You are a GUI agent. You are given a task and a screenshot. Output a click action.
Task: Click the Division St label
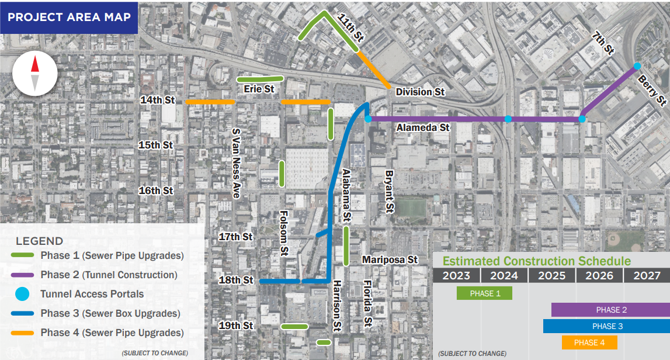pyautogui.click(x=420, y=92)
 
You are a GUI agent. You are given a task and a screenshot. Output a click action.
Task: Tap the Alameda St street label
pyautogui.click(x=423, y=127)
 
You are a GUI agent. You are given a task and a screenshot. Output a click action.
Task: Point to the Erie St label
pyautogui.click(x=259, y=89)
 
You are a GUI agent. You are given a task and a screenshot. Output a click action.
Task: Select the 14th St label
pyautogui.click(x=158, y=101)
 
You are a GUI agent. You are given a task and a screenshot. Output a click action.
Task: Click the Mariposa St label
pyautogui.click(x=390, y=259)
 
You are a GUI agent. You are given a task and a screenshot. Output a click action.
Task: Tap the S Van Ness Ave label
pyautogui.click(x=237, y=163)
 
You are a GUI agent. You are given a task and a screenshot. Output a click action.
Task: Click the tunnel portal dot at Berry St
pyautogui.click(x=637, y=65)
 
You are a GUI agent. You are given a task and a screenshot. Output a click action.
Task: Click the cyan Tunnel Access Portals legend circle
pyautogui.click(x=22, y=294)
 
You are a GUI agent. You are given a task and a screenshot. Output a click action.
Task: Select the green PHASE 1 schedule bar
pyautogui.click(x=484, y=293)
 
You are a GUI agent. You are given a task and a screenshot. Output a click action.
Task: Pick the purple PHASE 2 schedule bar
pyautogui.click(x=610, y=310)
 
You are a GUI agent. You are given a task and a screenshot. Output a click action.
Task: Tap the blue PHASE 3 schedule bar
pyautogui.click(x=606, y=326)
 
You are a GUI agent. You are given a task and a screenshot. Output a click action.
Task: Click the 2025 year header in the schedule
pyautogui.click(x=551, y=276)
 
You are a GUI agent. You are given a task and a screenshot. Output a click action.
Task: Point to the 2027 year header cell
pyautogui.click(x=647, y=276)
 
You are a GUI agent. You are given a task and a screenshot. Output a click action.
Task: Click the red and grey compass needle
pyautogui.click(x=34, y=72)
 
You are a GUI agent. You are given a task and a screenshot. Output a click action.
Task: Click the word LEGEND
pyautogui.click(x=40, y=241)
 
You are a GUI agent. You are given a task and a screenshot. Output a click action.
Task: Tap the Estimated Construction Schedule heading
pyautogui.click(x=536, y=261)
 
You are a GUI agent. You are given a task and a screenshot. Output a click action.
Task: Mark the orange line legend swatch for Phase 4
pyautogui.click(x=22, y=333)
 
